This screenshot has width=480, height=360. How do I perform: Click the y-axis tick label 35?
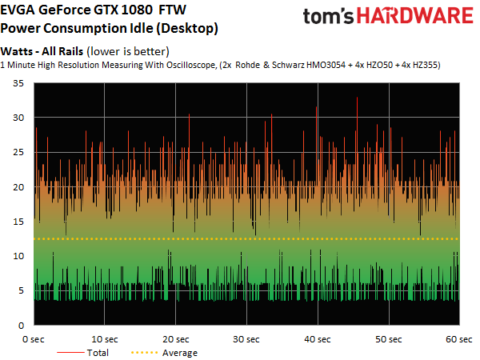[x=18, y=83]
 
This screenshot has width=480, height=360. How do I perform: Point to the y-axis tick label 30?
[x=18, y=118]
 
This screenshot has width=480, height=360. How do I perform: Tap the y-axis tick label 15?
[x=18, y=222]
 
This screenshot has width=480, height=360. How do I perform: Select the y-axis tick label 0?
[x=21, y=326]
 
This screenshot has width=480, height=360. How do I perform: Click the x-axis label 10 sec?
[x=105, y=339]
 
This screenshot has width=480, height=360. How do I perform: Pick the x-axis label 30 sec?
[x=246, y=339]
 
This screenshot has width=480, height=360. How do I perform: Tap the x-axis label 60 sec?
[x=459, y=339]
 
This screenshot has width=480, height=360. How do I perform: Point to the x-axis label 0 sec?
[x=34, y=339]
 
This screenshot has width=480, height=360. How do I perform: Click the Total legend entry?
[x=82, y=353]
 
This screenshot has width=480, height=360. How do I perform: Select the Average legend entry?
[x=164, y=353]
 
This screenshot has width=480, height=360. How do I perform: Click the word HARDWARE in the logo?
[x=415, y=16]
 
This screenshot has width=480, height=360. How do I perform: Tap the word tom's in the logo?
[x=328, y=17]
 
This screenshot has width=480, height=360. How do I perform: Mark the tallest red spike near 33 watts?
[x=357, y=98]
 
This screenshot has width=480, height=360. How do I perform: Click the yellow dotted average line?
[x=246, y=238]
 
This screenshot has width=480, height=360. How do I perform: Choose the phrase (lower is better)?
[x=128, y=51]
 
